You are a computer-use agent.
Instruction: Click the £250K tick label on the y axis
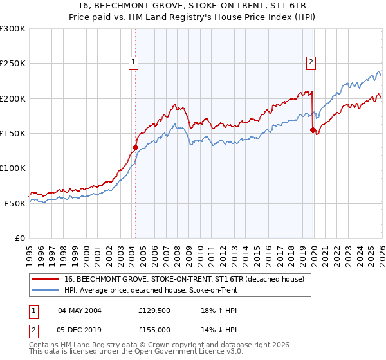click(13, 64)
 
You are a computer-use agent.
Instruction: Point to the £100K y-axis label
click(13, 168)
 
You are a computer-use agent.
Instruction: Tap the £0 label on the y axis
click(20, 237)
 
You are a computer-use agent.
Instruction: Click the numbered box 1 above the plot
click(133, 62)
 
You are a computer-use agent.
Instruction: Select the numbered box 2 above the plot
click(311, 62)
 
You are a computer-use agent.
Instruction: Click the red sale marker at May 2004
click(135, 147)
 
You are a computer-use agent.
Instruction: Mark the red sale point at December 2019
click(313, 130)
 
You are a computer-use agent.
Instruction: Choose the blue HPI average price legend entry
click(151, 290)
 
